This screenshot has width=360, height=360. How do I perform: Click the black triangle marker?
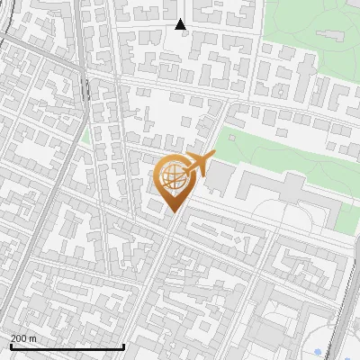(180, 24)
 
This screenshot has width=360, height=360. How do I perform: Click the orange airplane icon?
(197, 164)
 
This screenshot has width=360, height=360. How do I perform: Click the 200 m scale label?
(23, 338)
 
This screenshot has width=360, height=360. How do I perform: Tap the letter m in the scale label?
(32, 338)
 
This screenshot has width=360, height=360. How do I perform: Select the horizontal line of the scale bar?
(67, 346)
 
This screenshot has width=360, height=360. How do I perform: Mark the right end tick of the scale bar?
(123, 346)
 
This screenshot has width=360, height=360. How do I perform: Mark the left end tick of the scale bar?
(10, 346)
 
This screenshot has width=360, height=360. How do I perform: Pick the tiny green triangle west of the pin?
(85, 137)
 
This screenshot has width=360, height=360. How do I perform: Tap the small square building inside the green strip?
(232, 139)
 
